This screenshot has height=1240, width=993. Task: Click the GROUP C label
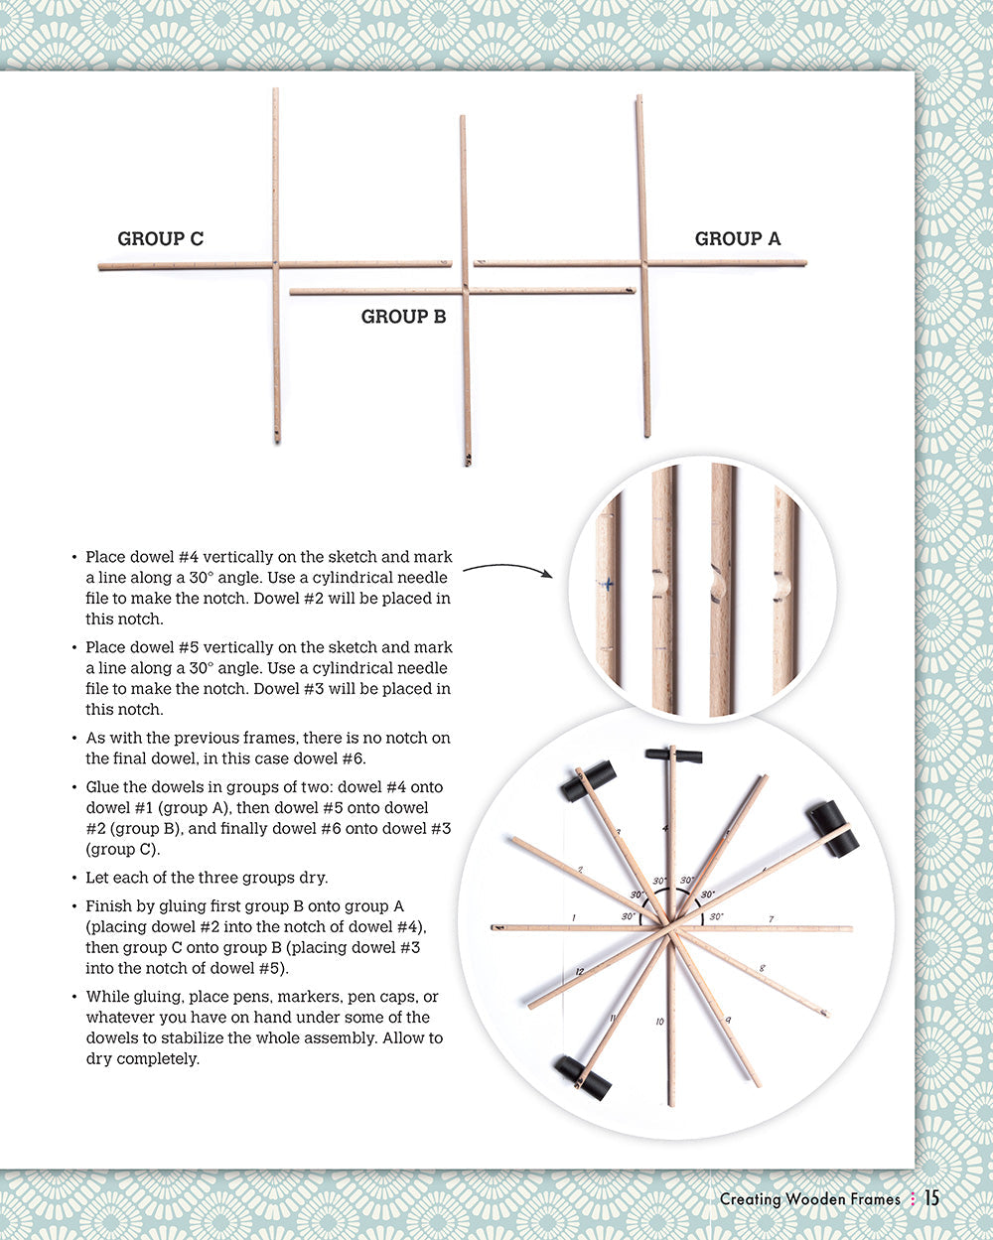click(160, 238)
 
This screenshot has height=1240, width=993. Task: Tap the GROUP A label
click(737, 238)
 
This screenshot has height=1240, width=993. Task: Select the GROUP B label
click(403, 317)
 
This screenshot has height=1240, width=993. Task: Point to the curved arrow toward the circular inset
click(506, 568)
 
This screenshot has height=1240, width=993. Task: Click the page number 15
click(930, 1198)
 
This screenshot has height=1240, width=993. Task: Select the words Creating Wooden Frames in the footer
click(809, 1199)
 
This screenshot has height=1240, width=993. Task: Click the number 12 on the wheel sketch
click(579, 971)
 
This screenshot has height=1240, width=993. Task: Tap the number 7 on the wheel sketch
click(771, 919)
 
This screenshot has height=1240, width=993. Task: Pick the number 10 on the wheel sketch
click(659, 1022)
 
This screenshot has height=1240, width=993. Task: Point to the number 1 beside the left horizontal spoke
click(574, 917)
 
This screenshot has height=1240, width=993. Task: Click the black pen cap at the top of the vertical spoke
click(673, 756)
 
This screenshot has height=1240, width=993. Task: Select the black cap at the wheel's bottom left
click(583, 1078)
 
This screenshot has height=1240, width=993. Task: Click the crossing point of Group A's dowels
click(643, 263)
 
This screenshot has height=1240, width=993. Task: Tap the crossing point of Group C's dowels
click(275, 265)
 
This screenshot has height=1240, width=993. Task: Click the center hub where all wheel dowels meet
click(671, 929)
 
